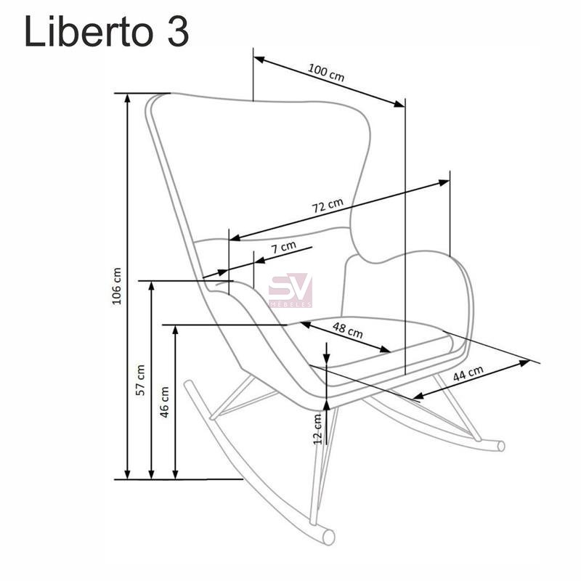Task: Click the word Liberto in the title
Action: (x=89, y=32)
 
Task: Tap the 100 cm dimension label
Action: (x=326, y=73)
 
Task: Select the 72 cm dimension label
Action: (x=328, y=206)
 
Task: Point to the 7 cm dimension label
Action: (x=284, y=247)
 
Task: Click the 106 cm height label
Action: (x=117, y=286)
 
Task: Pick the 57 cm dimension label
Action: (x=140, y=380)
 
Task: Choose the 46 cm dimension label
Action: (x=164, y=402)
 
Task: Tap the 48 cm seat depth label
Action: (x=348, y=330)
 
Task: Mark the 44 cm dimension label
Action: (x=468, y=373)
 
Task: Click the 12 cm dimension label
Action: (x=317, y=429)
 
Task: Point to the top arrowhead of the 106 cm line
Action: (x=127, y=98)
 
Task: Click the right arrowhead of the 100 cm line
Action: (x=399, y=104)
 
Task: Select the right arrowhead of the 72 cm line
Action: (x=444, y=182)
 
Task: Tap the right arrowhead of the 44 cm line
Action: (x=524, y=362)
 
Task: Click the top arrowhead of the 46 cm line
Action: (x=175, y=330)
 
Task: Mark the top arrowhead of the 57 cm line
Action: (x=151, y=285)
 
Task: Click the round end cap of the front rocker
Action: (x=329, y=537)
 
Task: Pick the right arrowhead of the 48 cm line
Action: (x=386, y=349)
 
